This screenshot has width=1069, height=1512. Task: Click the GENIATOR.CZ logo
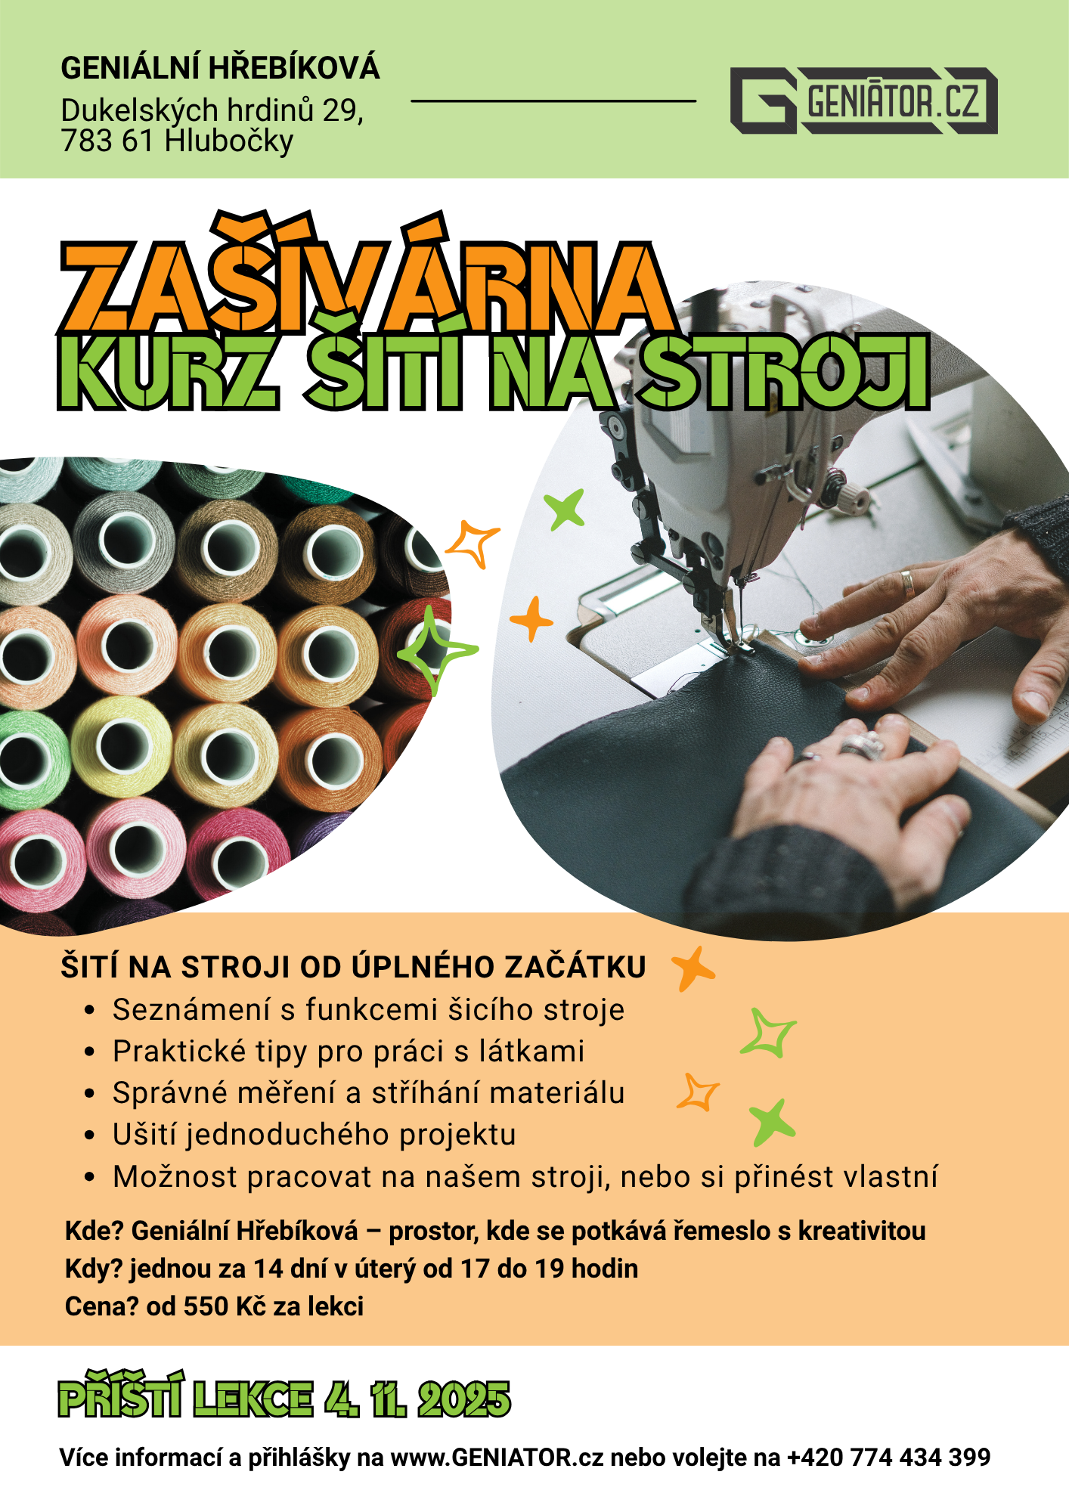pos(863,101)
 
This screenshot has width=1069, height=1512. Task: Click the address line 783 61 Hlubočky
pos(177,141)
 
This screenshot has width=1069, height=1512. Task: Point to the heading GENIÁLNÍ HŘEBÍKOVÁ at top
pos(220,68)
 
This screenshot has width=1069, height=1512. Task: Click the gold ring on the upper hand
pos(907,583)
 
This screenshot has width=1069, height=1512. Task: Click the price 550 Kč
pos(225,1306)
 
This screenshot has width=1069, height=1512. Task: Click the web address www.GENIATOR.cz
pos(497,1457)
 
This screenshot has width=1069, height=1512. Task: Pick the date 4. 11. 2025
pos(417,1399)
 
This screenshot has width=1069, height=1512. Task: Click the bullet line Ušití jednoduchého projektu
pos(315,1134)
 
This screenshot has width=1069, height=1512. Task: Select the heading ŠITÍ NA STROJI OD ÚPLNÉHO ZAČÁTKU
pos(353,967)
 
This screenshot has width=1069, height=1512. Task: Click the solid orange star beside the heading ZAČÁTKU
pos(693,968)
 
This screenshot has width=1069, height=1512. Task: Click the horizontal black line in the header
pos(553,101)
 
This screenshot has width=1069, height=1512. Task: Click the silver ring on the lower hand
pos(863,745)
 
